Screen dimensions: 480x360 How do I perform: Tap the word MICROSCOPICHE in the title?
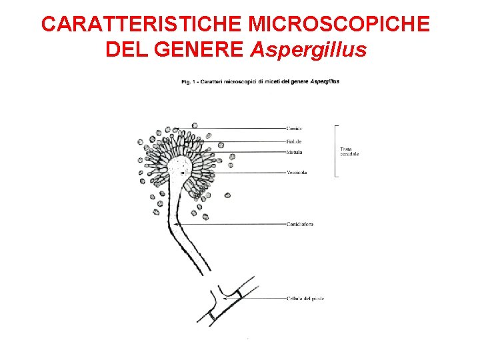click(339, 24)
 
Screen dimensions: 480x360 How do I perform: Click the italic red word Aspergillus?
click(309, 50)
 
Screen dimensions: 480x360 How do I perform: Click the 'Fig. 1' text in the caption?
click(189, 81)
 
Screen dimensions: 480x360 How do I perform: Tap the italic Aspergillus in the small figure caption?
click(325, 81)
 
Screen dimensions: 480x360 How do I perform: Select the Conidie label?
click(294, 129)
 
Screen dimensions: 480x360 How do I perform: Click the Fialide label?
click(293, 141)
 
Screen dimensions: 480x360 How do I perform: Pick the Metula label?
click(293, 153)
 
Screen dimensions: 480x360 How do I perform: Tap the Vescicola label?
click(297, 173)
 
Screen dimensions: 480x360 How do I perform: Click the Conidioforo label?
click(300, 224)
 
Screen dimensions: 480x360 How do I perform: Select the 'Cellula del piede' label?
click(305, 298)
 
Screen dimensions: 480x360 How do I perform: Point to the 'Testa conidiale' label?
click(349, 151)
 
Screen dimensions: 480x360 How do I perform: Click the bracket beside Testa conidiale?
click(335, 151)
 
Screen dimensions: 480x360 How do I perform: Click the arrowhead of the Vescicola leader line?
click(180, 173)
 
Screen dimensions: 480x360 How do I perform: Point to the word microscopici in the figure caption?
click(235, 81)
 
